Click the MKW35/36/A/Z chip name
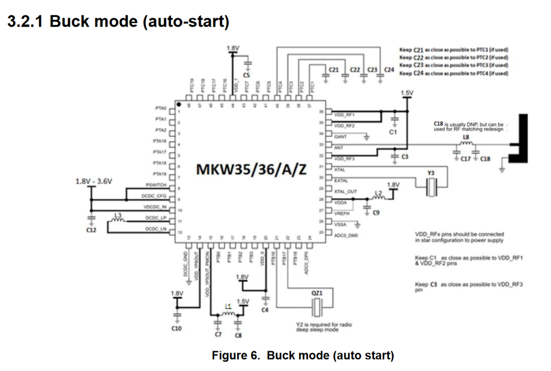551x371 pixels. click(x=252, y=169)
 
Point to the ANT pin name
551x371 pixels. click(x=339, y=147)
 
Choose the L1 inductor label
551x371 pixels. click(x=228, y=305)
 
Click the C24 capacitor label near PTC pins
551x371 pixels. click(x=389, y=70)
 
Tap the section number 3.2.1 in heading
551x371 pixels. click(x=25, y=23)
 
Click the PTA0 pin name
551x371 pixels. click(x=161, y=108)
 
